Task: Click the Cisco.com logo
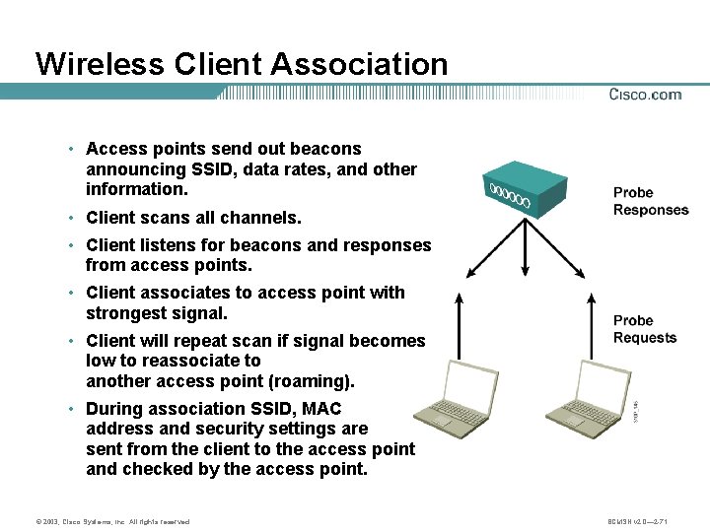point(645,95)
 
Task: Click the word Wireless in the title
point(99,64)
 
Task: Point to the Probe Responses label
point(651,201)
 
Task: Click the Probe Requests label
point(645,329)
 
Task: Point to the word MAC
point(320,408)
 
